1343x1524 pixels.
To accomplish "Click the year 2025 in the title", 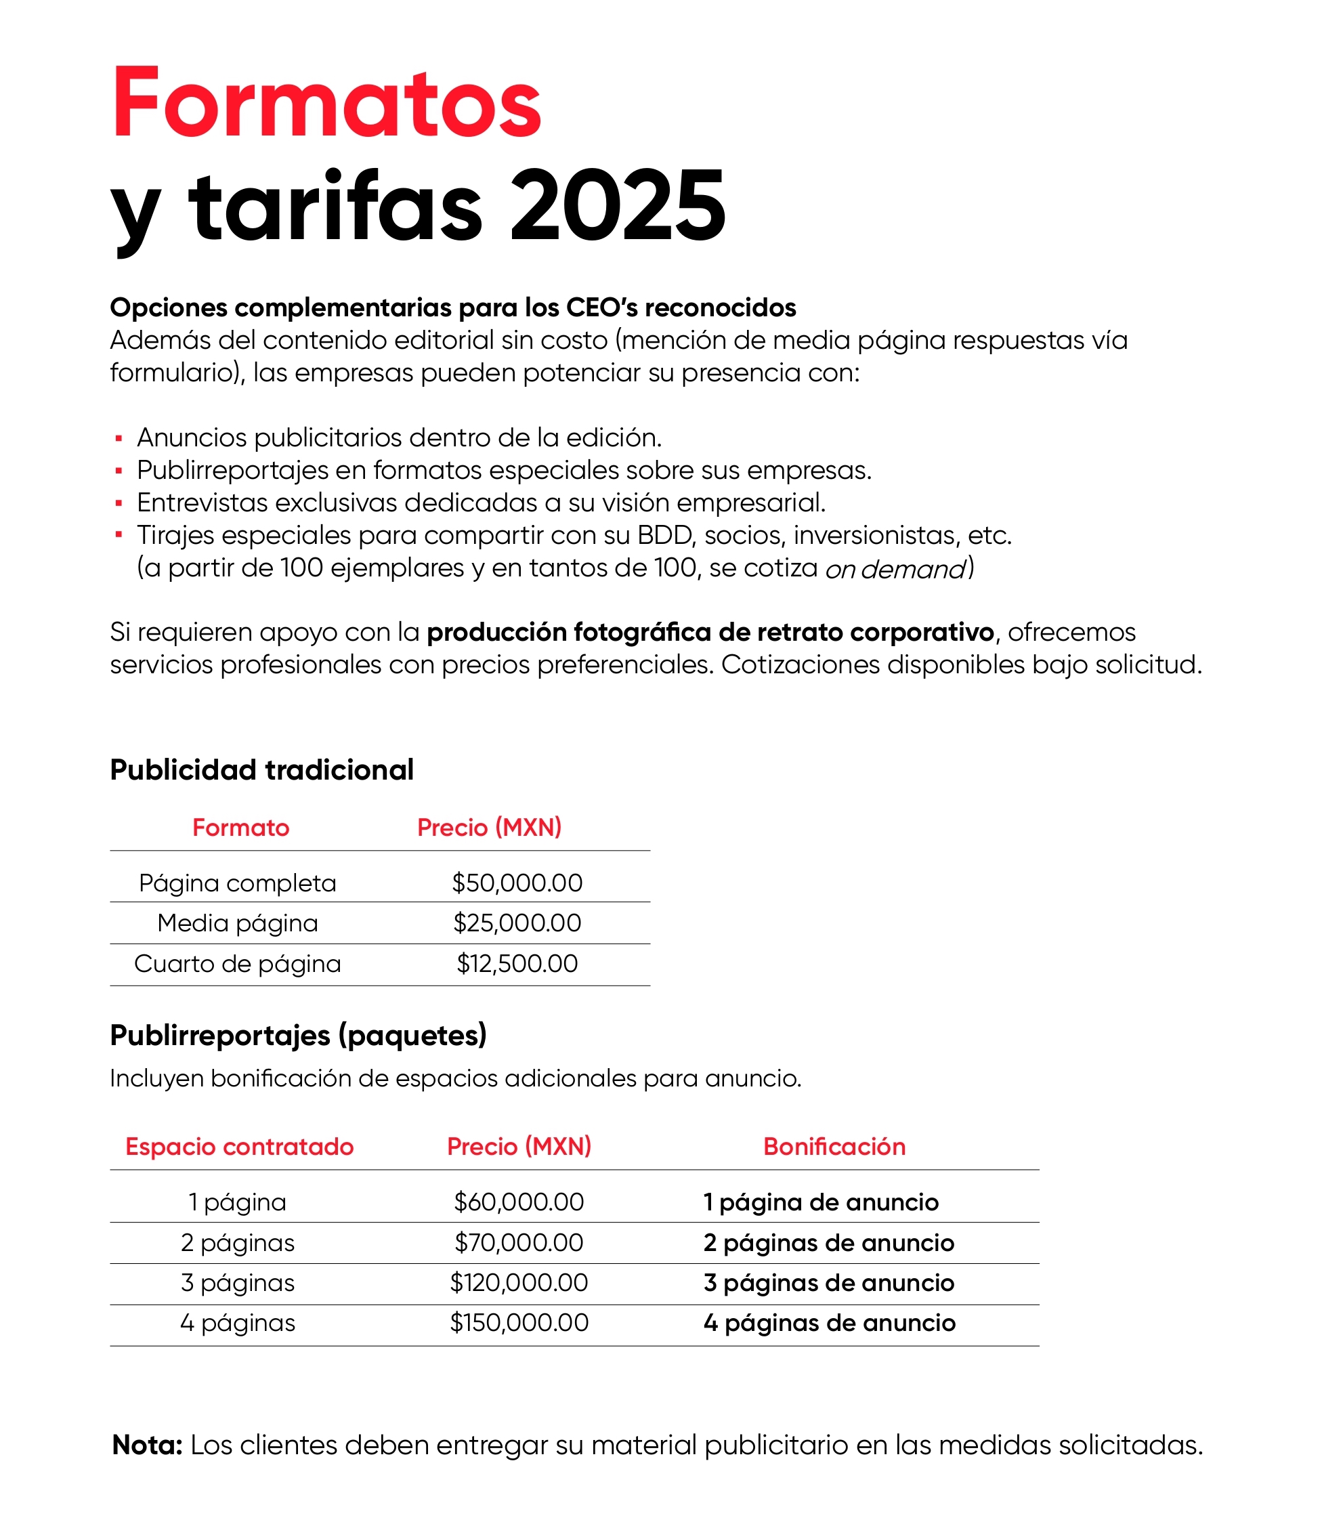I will [618, 207].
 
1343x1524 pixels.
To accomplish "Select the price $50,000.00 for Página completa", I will [517, 883].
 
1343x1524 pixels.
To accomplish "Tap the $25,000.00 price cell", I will [517, 923].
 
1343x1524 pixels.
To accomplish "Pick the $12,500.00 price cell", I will [517, 963].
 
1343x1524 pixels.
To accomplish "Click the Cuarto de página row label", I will [237, 963].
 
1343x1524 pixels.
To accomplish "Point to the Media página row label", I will [237, 923].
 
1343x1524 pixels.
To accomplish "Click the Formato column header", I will [240, 828].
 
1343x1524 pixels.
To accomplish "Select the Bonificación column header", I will [834, 1147].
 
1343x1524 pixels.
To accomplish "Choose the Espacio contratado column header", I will [239, 1147].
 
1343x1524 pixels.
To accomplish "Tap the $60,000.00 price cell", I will [519, 1202].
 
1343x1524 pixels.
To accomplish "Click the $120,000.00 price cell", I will [519, 1282].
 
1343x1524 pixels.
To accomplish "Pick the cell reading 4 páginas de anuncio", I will [829, 1323].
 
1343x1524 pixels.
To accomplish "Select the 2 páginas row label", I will [237, 1243].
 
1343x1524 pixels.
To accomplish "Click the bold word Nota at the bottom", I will [147, 1445].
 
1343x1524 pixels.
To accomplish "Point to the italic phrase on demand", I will [895, 569].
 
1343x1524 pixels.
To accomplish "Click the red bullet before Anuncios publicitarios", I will [119, 438].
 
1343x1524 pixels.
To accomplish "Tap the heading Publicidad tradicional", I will [261, 769].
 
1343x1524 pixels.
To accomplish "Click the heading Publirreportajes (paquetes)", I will [298, 1035].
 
